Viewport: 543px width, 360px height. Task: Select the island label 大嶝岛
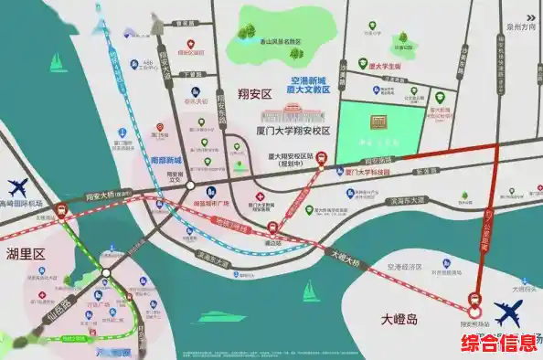pyautogui.click(x=399, y=320)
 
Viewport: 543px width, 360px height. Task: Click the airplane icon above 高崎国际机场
pyautogui.click(x=18, y=186)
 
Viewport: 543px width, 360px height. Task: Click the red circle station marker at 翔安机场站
pyautogui.click(x=475, y=298)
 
